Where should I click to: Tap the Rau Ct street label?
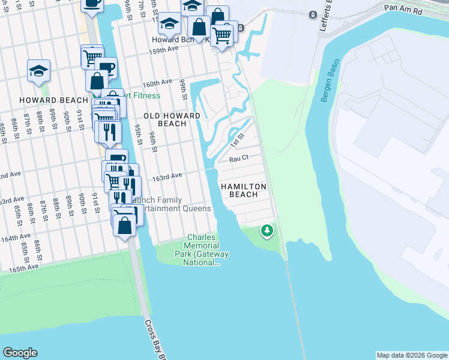pyautogui.click(x=238, y=160)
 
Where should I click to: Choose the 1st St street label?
pyautogui.click(x=238, y=142)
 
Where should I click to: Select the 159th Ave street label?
pyautogui.click(x=164, y=49)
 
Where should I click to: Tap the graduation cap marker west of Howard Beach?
pyautogui.click(x=38, y=71)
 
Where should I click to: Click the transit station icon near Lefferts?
pyautogui.click(x=313, y=14)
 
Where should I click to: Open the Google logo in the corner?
pyautogui.click(x=20, y=353)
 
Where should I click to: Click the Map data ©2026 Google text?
pyautogui.click(x=411, y=355)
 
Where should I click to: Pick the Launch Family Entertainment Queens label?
pyautogui.click(x=174, y=204)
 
